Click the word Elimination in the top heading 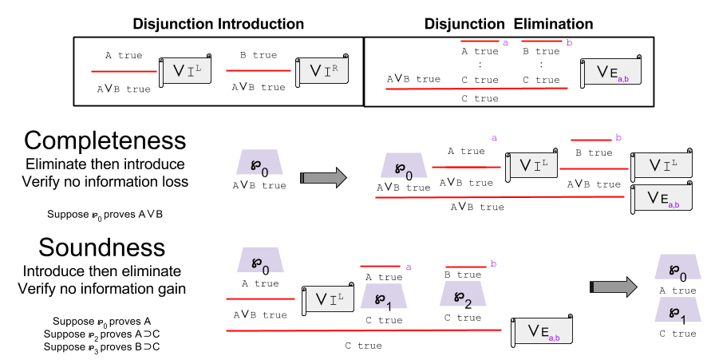[x=553, y=24]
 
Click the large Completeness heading [x=105, y=141]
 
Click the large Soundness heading [x=105, y=247]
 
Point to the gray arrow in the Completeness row [x=323, y=177]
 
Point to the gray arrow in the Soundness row [x=612, y=287]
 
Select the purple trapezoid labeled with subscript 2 [x=462, y=296]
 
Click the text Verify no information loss [x=105, y=183]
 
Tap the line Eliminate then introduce [x=105, y=164]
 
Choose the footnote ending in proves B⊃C [x=104, y=346]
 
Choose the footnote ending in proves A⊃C [x=104, y=334]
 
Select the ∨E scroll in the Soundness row [x=543, y=330]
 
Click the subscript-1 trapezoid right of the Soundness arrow [x=677, y=311]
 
